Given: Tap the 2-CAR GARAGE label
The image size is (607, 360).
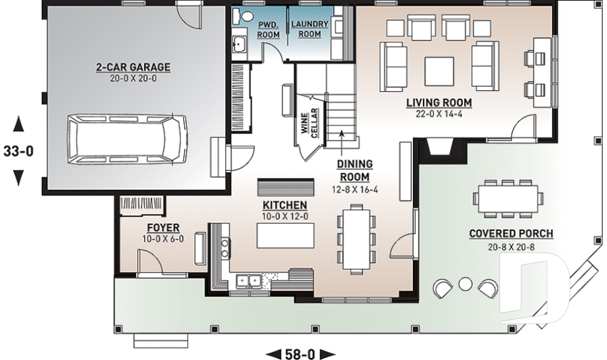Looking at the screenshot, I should pyautogui.click(x=133, y=67).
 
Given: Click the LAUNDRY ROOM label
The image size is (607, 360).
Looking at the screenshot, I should pyautogui.click(x=309, y=29).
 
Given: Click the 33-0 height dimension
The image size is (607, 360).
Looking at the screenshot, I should pyautogui.click(x=18, y=152).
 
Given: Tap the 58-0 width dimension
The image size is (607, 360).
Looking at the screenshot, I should pyautogui.click(x=301, y=353).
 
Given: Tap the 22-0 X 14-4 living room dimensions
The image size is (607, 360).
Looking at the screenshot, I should pyautogui.click(x=439, y=114).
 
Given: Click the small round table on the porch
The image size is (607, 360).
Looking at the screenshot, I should pyautogui.click(x=465, y=283).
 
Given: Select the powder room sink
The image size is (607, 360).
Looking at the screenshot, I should pyautogui.click(x=240, y=44).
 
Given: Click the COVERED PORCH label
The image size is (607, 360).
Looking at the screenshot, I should pyautogui.click(x=511, y=234).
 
